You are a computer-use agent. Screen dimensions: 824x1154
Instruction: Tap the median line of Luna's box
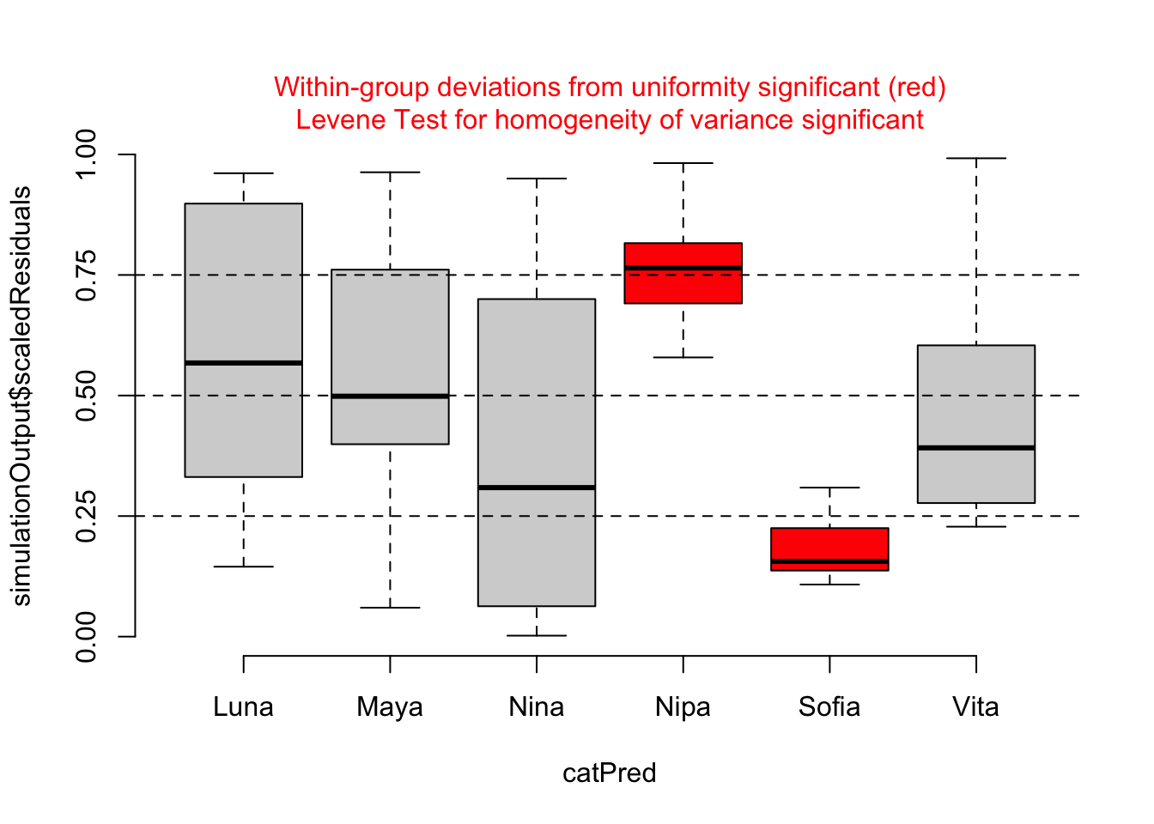243,363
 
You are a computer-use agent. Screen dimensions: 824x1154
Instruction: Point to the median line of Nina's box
537,488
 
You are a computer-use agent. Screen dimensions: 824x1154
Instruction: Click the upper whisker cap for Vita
976,159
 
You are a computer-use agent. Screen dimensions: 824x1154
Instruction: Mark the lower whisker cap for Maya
390,608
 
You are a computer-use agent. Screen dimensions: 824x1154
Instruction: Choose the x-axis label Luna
243,707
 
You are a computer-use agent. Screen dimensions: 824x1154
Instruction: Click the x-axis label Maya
390,707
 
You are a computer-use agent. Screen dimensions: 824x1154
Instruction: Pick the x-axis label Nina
537,707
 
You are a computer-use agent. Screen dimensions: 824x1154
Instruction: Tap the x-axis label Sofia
829,707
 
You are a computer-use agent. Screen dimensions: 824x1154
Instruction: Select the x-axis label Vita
976,707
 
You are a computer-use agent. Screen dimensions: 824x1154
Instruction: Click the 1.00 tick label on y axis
87,154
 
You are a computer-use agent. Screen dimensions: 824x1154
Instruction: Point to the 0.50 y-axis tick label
87,396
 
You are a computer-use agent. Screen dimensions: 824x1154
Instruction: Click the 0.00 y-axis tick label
87,637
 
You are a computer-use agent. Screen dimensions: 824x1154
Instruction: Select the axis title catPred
610,773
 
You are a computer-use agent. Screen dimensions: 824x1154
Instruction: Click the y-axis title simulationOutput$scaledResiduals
21,396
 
